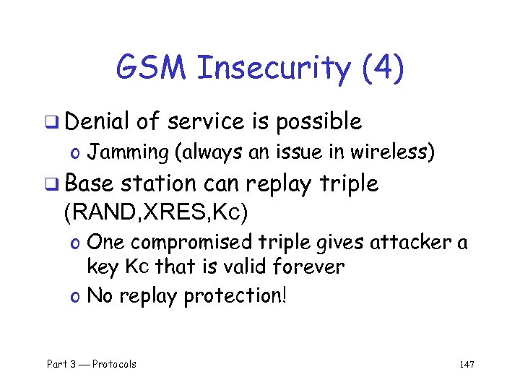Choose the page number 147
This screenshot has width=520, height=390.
[466, 364]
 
